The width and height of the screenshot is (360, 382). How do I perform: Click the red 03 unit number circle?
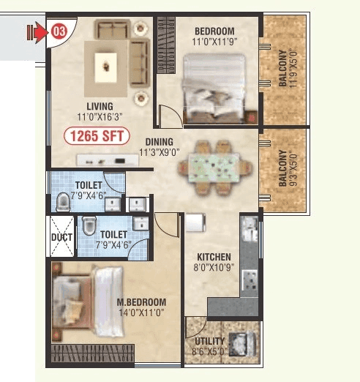click(57, 31)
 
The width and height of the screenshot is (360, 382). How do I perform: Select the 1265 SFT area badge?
click(97, 135)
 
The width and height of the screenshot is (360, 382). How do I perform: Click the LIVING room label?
click(99, 107)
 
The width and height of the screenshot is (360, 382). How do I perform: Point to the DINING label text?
click(159, 142)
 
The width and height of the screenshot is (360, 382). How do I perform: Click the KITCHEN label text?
click(213, 257)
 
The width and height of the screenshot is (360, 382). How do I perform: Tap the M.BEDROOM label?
click(141, 302)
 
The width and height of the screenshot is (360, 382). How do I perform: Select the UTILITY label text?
click(209, 342)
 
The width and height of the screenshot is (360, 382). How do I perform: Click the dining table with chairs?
click(212, 167)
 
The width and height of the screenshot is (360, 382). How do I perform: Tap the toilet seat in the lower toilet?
click(89, 225)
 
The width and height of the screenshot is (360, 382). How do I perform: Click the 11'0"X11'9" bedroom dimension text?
click(215, 41)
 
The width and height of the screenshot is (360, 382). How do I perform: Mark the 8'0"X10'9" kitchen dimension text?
click(213, 267)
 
